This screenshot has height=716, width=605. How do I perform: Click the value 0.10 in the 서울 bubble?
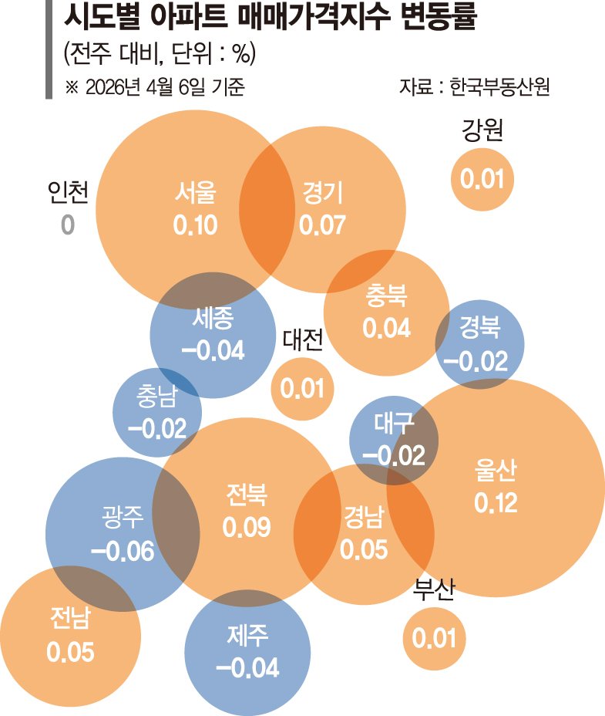tap(196, 225)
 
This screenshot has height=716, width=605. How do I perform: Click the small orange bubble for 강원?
tap(482, 180)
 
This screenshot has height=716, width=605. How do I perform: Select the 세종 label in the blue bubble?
tap(212, 318)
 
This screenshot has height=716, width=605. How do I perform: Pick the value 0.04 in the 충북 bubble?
tap(386, 327)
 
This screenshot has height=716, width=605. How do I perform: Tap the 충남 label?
tap(156, 397)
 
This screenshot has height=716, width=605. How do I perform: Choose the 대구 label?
tap(394, 423)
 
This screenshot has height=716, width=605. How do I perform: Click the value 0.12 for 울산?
tap(496, 503)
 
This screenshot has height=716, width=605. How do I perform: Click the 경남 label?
tap(363, 515)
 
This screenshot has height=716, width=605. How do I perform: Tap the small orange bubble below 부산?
tap(435, 638)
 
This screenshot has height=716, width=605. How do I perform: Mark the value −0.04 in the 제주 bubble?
tap(247, 667)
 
